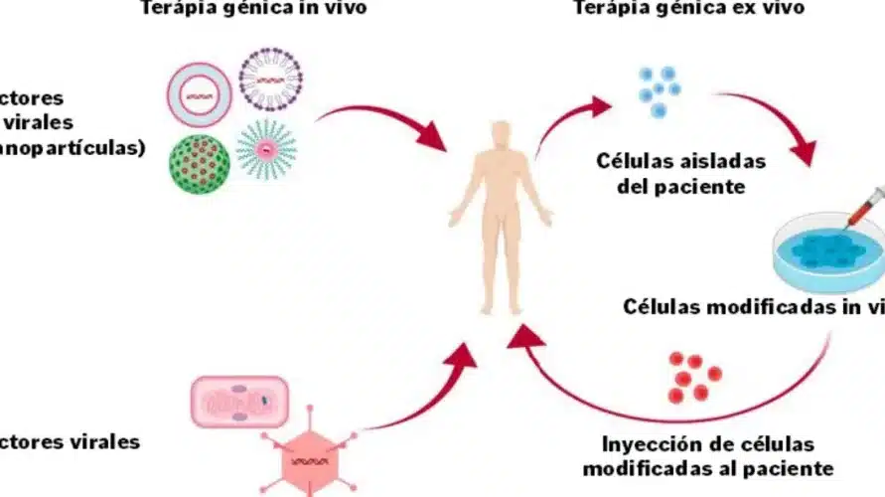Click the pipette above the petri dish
[861, 207]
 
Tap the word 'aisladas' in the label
[720, 160]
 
